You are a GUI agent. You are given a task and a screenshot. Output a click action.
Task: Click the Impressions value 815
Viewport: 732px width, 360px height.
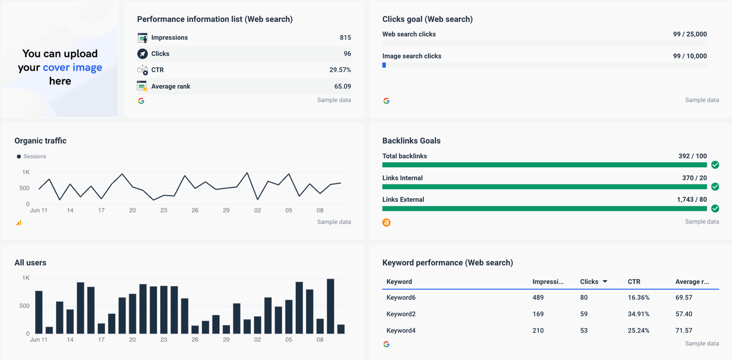345,38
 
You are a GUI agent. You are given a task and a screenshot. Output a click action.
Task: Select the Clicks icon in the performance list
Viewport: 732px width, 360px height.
142,54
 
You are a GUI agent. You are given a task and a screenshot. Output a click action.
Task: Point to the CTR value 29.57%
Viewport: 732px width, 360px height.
340,70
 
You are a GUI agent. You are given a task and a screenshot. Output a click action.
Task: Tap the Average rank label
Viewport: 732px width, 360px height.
170,86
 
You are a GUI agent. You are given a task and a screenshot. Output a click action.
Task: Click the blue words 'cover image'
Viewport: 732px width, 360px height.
72,68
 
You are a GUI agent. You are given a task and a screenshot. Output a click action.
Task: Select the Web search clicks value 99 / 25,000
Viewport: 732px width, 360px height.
689,34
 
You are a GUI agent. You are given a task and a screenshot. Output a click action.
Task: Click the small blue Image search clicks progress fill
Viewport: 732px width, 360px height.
384,65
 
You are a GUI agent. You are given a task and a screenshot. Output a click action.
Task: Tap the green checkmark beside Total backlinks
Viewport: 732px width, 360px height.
715,165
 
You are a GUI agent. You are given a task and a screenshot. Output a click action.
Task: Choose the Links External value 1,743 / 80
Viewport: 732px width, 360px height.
691,200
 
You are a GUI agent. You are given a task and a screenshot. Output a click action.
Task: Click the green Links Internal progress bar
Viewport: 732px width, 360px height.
544,187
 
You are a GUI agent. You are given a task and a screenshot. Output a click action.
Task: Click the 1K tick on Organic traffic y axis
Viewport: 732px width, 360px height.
25,172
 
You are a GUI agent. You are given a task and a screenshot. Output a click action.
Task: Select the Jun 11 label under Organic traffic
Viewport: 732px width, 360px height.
39,211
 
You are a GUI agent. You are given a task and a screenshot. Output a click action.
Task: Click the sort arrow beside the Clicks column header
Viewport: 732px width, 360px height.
605,282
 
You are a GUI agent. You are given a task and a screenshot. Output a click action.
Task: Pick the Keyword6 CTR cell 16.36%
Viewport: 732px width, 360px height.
638,298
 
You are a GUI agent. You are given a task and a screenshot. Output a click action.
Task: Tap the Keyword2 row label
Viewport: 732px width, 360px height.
401,314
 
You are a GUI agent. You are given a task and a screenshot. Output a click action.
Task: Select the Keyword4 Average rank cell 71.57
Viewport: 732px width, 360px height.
684,331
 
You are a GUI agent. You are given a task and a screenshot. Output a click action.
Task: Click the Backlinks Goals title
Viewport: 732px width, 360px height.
411,141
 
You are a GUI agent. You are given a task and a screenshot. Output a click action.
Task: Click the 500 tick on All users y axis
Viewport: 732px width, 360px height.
24,306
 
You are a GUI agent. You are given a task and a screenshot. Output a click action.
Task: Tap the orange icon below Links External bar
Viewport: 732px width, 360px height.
386,222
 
